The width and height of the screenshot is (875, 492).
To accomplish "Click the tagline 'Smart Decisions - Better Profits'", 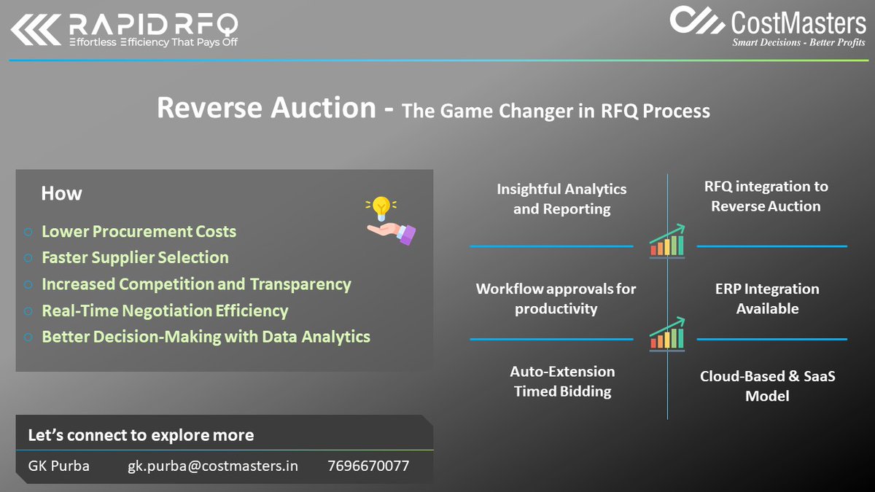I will [798, 42].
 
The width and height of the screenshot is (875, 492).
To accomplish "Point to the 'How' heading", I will [61, 194].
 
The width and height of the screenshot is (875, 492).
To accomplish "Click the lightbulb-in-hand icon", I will [389, 220].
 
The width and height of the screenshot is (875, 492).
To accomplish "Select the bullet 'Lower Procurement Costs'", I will [139, 232].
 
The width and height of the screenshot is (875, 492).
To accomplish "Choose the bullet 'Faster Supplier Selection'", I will [135, 258].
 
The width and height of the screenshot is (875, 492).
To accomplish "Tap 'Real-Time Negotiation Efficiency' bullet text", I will [165, 311].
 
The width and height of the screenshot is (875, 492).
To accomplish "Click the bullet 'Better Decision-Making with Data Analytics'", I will [206, 337].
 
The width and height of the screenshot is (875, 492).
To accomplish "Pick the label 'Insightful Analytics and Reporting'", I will [561, 199].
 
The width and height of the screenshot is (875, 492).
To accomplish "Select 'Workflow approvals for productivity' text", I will [556, 299].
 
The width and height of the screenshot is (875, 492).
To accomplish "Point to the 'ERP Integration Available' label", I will [767, 299].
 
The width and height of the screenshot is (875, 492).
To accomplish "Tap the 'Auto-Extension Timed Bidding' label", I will [562, 381].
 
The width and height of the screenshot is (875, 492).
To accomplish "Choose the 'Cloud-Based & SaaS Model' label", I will [767, 386].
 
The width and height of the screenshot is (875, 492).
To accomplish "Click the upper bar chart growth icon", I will [667, 241].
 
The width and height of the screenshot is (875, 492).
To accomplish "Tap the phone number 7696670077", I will [368, 466].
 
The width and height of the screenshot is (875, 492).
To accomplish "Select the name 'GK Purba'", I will [59, 466].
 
